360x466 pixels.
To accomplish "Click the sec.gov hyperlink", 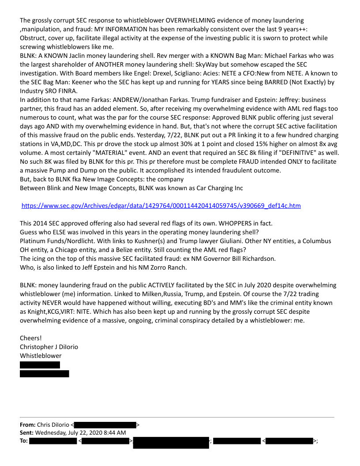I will [x=161, y=206].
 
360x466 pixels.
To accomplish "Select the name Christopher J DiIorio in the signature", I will [x=49, y=347].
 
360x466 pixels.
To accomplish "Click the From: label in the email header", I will [x=28, y=425].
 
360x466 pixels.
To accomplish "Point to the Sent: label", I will [x=27, y=433].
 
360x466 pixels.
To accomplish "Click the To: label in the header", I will [x=24, y=441].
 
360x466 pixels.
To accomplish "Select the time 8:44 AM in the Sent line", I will [x=114, y=433].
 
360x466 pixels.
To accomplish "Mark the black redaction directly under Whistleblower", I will [x=40, y=365].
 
